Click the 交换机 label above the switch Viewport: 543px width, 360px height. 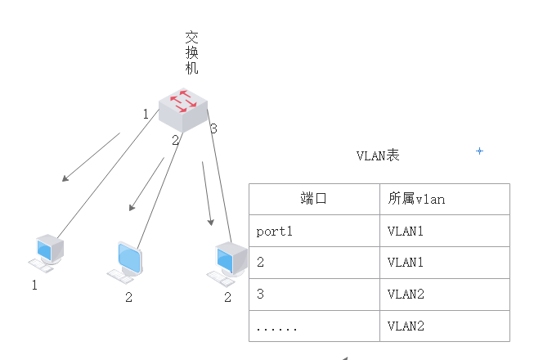191,53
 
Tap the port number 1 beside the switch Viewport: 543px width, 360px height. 146,114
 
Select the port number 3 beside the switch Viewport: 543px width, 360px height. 213,128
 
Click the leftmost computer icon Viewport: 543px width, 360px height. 46,253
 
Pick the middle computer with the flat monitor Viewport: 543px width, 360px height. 128,263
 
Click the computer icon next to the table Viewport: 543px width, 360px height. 228,262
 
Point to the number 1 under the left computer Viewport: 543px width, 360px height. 34,286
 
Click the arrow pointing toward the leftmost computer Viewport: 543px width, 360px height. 91,156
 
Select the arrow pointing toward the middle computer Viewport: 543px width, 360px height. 146,184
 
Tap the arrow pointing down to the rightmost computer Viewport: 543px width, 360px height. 208,193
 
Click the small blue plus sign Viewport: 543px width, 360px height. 479,151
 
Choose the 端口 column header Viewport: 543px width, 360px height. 314,199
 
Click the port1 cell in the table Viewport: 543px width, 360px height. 274,232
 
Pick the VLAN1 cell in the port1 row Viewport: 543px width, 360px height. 406,232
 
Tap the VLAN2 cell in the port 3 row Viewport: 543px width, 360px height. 406,295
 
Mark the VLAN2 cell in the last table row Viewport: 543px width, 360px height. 406,326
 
